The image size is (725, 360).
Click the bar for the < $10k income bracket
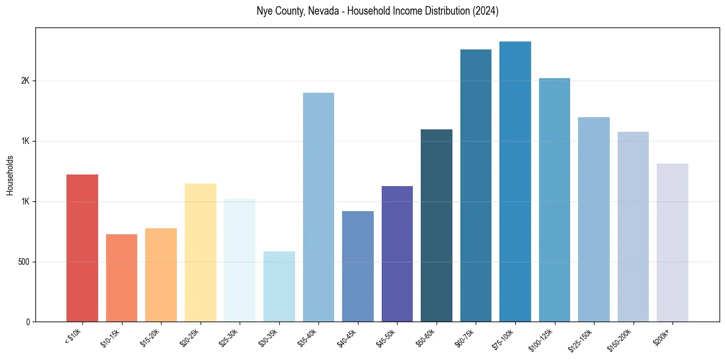click(82, 248)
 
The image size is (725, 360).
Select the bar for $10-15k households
click(121, 278)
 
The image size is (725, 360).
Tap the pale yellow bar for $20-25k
click(200, 253)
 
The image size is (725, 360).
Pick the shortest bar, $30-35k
click(279, 287)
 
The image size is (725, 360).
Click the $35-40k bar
click(318, 207)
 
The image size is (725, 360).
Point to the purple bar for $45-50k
click(397, 254)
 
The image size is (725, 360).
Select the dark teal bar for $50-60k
click(437, 226)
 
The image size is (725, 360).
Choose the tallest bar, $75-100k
click(515, 182)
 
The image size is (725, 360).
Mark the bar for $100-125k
click(554, 200)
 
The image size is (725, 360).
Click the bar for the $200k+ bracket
click(673, 243)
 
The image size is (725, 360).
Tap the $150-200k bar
click(633, 227)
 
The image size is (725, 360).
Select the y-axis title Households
click(10, 175)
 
